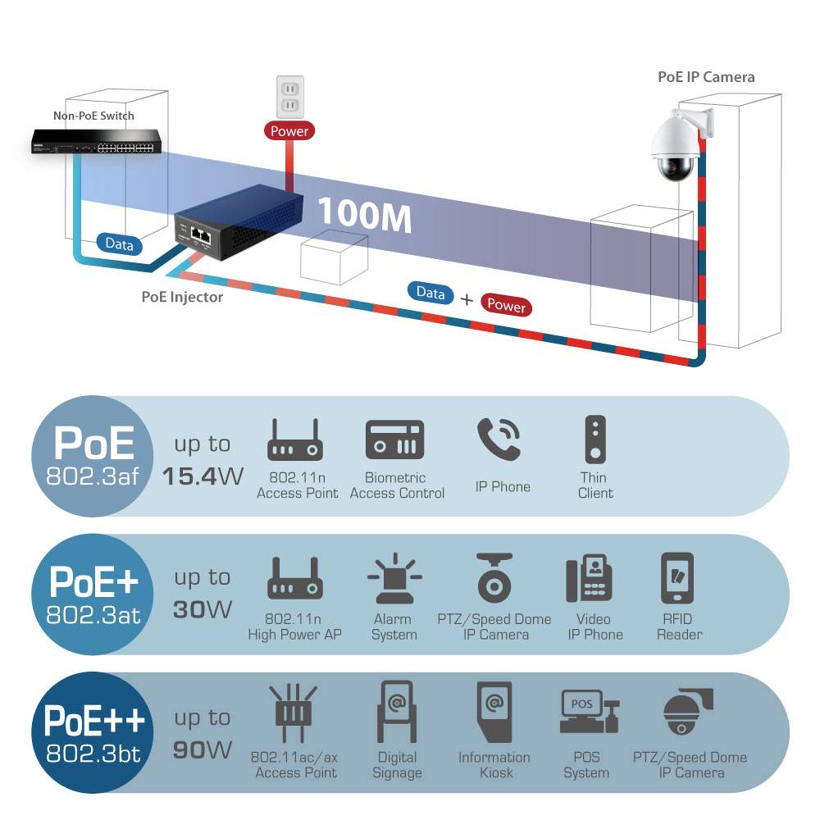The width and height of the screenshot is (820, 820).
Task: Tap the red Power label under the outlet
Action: tap(289, 130)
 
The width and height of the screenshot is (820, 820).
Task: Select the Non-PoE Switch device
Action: tap(97, 143)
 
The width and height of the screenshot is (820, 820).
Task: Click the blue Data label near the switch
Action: tap(119, 244)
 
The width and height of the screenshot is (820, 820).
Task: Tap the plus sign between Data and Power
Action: tap(467, 300)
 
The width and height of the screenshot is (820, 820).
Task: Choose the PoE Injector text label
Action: tap(182, 297)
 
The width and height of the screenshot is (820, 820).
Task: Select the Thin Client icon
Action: tap(594, 440)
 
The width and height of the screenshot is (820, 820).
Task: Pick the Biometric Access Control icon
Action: tap(395, 440)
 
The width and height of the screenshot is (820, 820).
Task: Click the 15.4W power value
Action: tap(203, 476)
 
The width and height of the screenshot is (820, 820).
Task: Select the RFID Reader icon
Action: tap(678, 578)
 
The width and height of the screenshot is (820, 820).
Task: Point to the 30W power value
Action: tap(203, 609)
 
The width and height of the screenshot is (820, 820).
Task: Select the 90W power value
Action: tap(203, 749)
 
